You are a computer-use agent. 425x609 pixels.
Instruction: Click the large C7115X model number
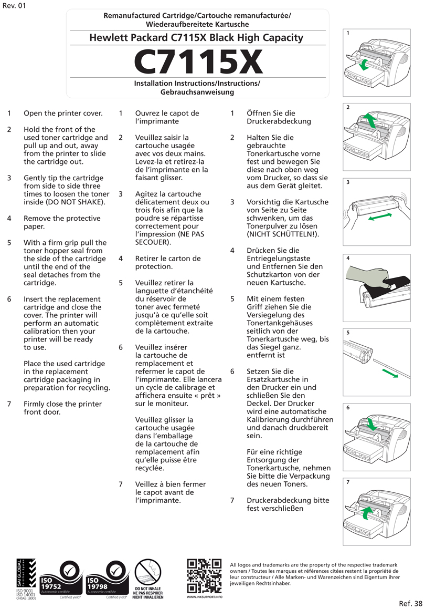click(198, 62)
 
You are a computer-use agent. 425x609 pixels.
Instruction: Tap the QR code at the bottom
click(204, 576)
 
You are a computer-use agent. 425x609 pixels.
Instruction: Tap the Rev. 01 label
click(14, 6)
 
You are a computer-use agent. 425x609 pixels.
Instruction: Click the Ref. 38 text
click(410, 603)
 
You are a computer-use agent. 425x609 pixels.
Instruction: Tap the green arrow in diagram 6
click(372, 424)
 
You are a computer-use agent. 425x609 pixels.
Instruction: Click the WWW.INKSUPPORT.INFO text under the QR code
click(204, 597)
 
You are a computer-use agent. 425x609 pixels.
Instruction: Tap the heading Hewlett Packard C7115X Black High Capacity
click(196, 38)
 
